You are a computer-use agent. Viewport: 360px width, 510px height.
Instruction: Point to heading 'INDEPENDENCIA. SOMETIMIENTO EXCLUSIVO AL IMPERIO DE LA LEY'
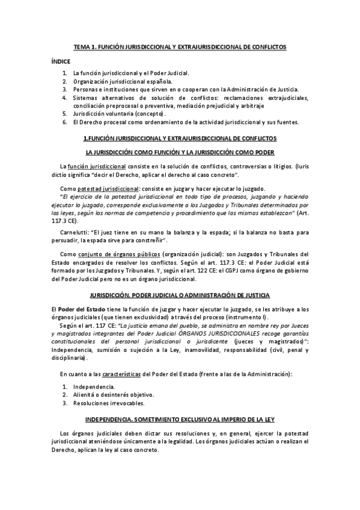click(x=180, y=418)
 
